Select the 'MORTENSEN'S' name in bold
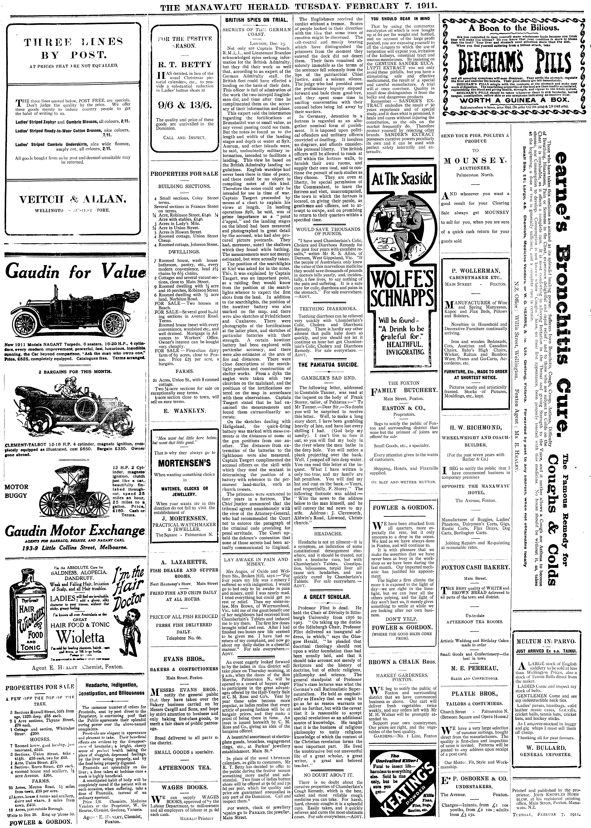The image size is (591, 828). [x=184, y=463]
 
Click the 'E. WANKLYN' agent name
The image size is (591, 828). [x=185, y=410]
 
